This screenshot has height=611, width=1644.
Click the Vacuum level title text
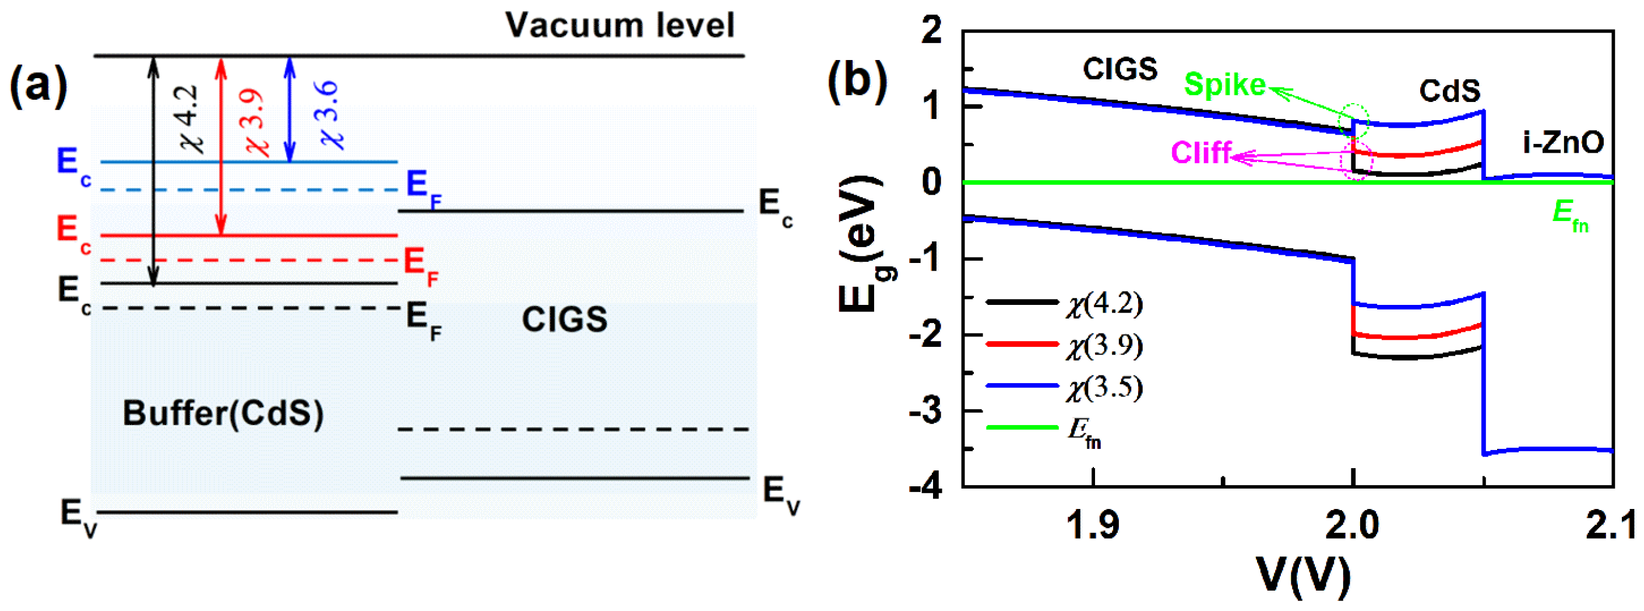(619, 26)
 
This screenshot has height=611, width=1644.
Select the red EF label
(421, 265)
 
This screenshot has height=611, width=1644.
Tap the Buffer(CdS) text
(223, 413)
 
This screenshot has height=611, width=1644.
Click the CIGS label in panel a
(564, 319)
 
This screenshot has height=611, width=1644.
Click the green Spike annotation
(1224, 85)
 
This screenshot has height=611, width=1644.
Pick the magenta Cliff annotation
(1201, 153)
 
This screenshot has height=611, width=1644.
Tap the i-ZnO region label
(1562, 142)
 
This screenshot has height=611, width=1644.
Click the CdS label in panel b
(1449, 91)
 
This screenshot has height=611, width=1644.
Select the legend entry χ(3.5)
(1104, 387)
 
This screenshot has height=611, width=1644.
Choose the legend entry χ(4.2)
(1104, 303)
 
